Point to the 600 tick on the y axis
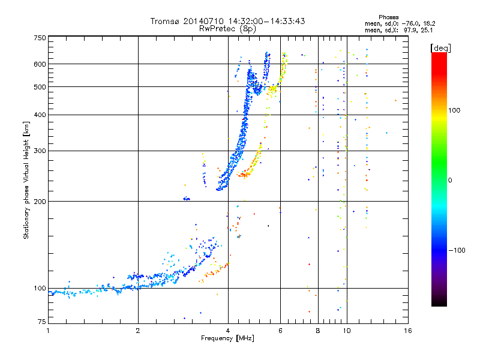click(40, 64)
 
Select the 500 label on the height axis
click(40, 87)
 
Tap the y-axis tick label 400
click(40, 115)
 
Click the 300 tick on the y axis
click(40, 151)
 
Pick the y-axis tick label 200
click(40, 202)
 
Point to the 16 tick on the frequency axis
click(408, 331)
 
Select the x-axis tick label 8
click(318, 331)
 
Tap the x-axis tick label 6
click(280, 331)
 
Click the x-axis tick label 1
click(48, 331)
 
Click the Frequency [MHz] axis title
click(227, 338)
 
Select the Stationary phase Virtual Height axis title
click(26, 180)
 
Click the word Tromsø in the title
click(166, 21)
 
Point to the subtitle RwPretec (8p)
click(227, 28)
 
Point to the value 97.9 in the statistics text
click(410, 29)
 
